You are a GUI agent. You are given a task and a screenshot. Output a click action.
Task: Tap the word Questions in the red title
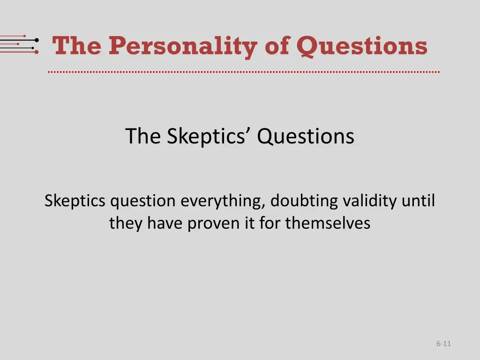(362, 46)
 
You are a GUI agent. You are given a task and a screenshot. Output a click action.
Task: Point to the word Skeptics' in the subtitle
(207, 136)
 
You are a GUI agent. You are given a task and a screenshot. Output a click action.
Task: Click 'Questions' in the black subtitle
(306, 136)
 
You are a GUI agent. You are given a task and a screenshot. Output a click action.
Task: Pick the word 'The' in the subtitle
(143, 136)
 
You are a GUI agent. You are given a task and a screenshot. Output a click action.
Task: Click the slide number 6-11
(443, 344)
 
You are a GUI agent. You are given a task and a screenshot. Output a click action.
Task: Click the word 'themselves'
(328, 223)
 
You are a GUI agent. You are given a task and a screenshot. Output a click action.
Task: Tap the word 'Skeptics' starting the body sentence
(75, 201)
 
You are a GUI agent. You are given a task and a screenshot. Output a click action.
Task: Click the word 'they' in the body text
(126, 223)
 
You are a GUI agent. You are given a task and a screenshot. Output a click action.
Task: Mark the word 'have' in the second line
(166, 223)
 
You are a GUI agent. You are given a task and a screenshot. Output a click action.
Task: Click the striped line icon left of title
(19, 45)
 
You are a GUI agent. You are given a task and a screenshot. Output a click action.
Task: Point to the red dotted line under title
(244, 72)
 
